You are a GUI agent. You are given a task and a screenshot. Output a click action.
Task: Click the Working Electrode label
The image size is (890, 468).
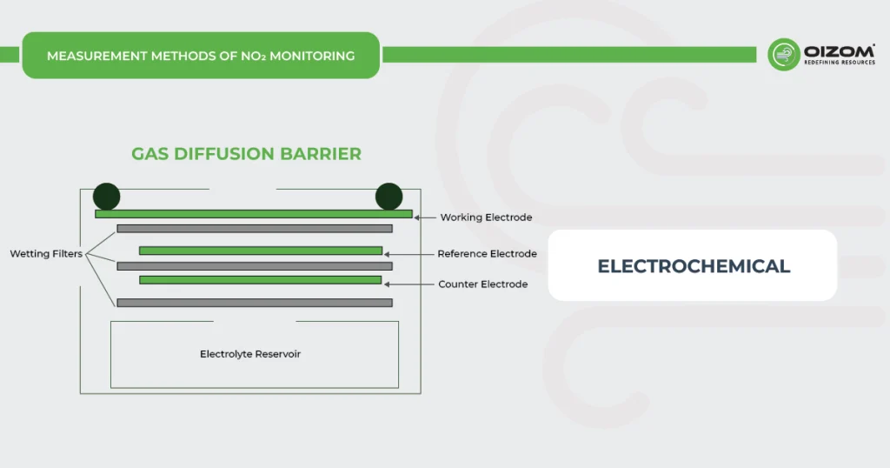486,217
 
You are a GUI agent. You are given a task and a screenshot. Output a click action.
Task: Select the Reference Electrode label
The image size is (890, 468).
487,254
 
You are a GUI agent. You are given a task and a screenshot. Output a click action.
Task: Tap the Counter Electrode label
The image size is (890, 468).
482,284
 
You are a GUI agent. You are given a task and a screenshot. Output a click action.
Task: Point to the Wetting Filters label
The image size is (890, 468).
46,254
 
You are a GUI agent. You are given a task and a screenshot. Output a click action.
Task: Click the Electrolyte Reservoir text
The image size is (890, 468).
250,354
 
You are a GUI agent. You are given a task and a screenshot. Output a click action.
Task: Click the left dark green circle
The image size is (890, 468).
107,197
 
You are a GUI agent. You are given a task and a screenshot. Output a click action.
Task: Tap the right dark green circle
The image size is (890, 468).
389,197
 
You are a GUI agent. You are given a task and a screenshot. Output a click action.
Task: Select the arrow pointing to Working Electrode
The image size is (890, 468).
425,217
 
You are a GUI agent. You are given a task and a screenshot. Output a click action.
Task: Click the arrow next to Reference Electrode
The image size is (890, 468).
409,254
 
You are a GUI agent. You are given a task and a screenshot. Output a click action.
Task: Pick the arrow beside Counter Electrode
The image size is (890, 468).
409,284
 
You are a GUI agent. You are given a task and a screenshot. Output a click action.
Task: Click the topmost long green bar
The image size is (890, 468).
254,214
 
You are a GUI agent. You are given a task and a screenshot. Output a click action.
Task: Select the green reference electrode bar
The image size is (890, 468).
261,251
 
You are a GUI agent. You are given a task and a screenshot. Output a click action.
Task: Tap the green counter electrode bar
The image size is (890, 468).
261,280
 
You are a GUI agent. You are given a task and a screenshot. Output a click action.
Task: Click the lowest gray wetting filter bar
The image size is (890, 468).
254,303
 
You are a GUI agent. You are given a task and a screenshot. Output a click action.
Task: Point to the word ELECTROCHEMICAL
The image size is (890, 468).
694,266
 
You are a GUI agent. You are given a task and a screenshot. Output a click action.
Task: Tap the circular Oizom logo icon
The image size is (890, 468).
783,54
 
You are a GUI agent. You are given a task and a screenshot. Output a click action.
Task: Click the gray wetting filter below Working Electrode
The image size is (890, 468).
254,229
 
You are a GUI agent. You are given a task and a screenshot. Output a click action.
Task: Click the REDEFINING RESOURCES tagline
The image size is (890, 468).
840,63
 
